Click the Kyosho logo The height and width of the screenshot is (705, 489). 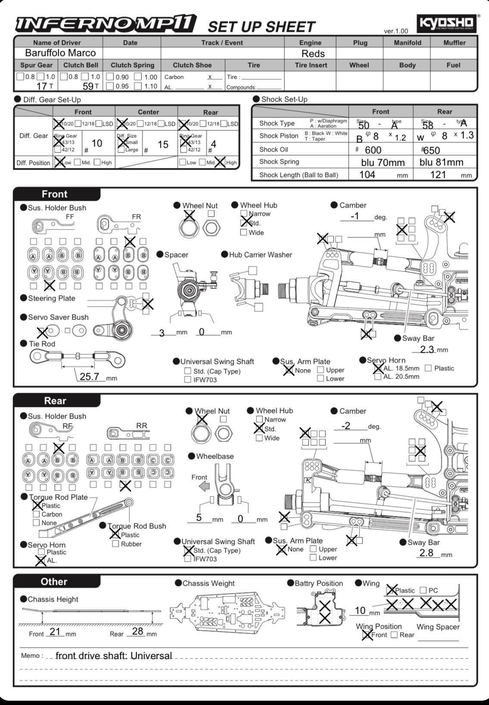447,24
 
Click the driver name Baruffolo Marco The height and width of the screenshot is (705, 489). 60,53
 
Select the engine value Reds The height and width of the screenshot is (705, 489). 313,53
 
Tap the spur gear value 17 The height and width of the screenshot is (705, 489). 41,86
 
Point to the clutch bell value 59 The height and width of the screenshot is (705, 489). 88,86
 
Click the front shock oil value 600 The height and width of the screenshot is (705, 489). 373,150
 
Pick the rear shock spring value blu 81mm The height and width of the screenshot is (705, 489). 441,162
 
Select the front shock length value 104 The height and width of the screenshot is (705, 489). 367,174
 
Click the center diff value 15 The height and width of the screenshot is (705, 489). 163,144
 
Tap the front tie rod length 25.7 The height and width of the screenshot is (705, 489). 89,376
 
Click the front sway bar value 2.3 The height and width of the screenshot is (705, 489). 427,349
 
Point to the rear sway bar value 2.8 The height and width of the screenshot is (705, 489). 426,553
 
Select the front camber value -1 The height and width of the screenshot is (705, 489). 355,216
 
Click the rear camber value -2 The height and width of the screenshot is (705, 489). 346,425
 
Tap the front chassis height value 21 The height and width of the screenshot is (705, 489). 55,631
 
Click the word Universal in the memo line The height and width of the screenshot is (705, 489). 151,655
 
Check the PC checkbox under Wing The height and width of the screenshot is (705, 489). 423,590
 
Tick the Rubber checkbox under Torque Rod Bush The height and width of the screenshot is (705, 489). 115,544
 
